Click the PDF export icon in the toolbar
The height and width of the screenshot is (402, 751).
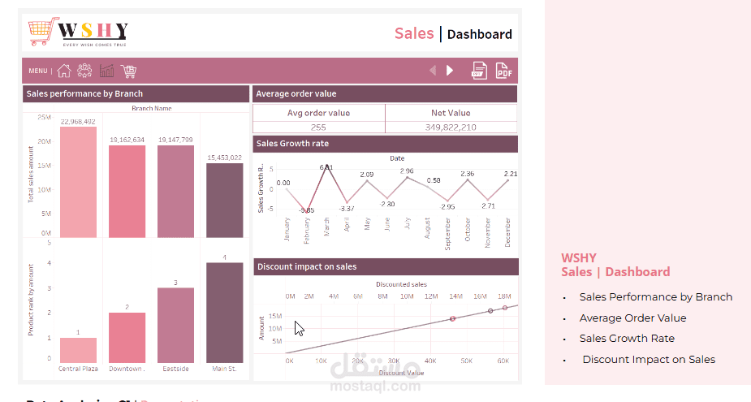[504, 71]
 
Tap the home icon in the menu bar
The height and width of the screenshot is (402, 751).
[64, 71]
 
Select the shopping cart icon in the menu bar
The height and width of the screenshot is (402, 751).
[128, 71]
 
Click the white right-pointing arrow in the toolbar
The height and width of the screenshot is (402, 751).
[450, 71]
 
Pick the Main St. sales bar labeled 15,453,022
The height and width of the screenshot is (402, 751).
[224, 200]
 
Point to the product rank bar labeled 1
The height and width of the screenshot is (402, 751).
[78, 350]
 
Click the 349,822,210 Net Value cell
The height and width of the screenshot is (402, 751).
[451, 128]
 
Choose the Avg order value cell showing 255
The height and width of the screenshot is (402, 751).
[318, 128]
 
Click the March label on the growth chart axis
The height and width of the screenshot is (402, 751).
[326, 226]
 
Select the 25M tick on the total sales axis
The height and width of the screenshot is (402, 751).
[44, 118]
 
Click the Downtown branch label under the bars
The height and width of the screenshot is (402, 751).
[127, 369]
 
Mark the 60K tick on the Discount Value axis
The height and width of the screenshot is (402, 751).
[503, 360]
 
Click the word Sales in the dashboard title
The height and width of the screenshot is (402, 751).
[414, 33]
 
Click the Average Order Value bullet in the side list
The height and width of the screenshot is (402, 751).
[632, 318]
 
